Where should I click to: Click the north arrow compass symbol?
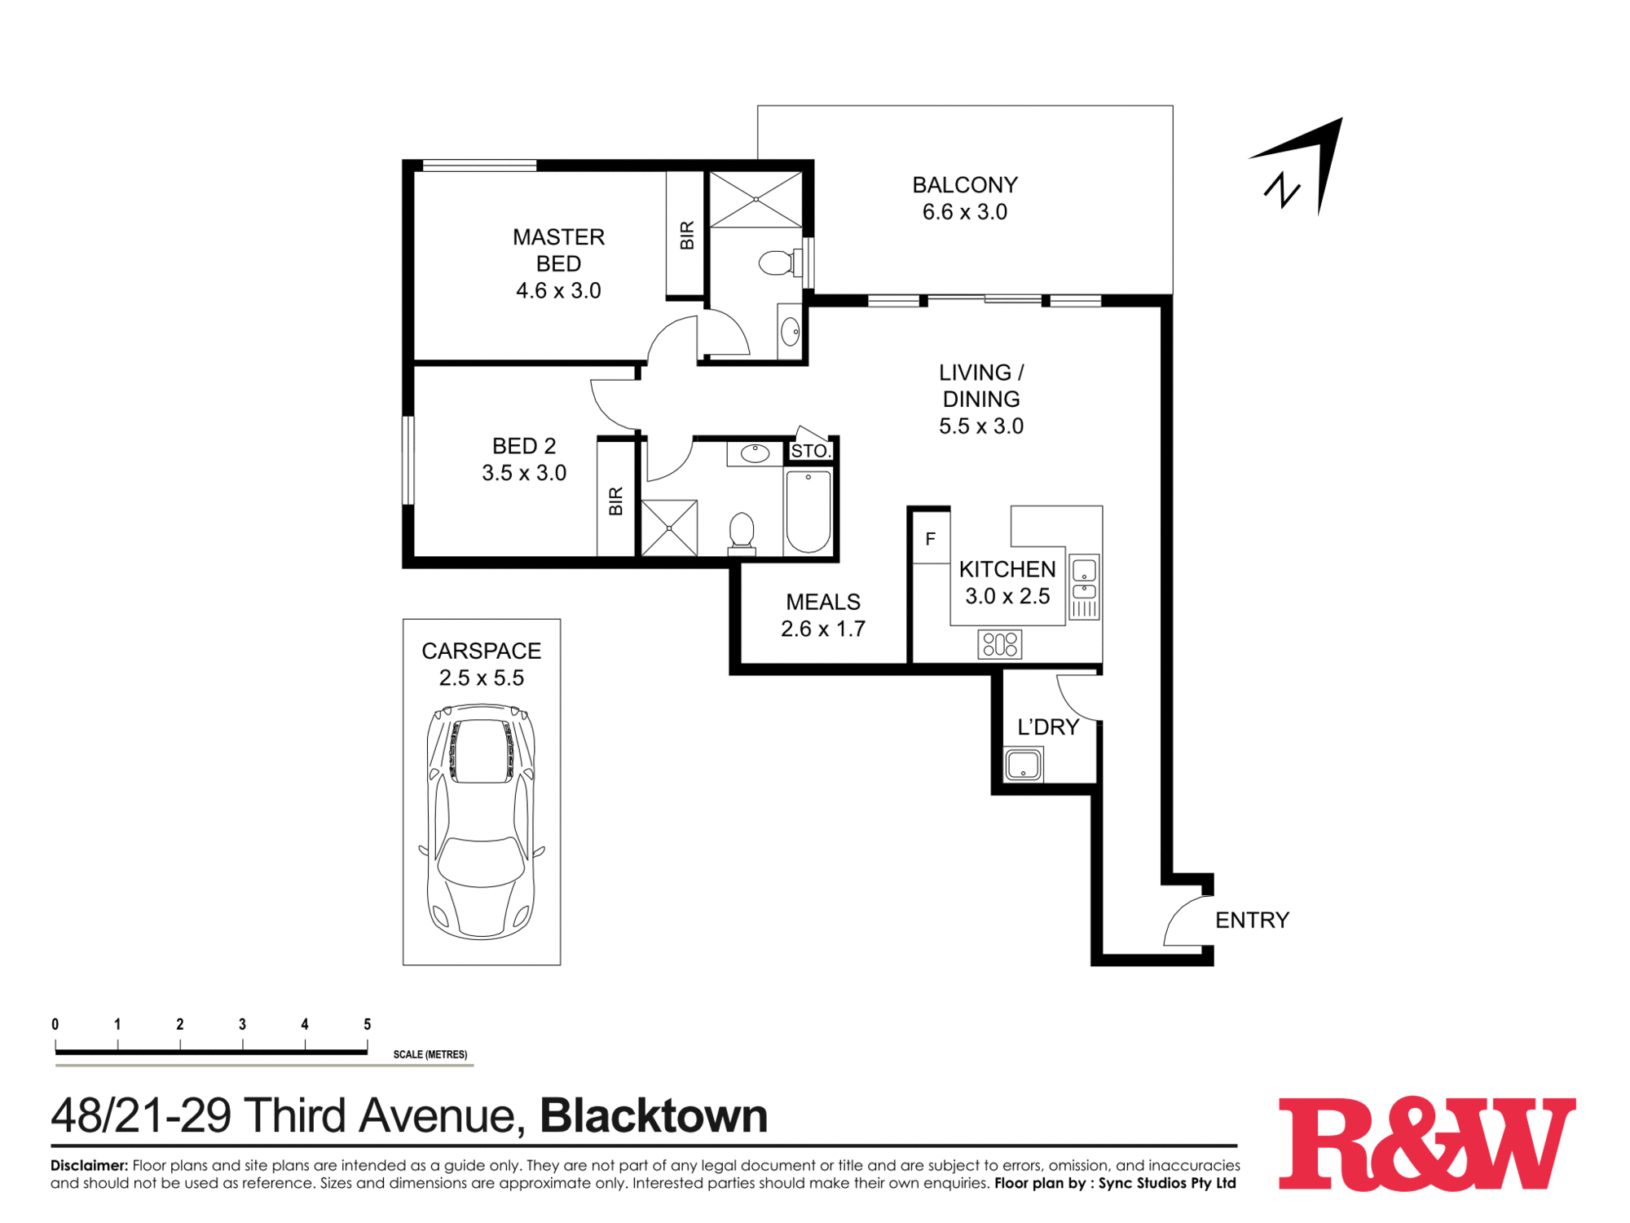coord(1302,167)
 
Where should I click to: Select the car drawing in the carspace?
coord(482,821)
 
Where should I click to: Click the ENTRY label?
coord(1252,921)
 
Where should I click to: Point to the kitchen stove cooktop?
coord(1000,645)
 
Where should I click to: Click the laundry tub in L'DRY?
coord(1023,765)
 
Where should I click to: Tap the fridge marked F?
coord(930,539)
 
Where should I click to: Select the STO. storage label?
coord(810,451)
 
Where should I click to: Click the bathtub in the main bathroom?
coord(808,512)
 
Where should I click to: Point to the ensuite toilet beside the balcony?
coord(777,263)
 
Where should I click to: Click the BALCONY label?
coord(965,185)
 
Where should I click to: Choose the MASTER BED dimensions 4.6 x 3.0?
coord(558,291)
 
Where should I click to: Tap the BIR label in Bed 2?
coord(616,501)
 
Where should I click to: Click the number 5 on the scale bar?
coord(368,1025)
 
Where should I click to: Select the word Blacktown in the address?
coord(654,1116)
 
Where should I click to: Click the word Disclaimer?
coord(89,1165)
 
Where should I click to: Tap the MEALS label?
coord(823,602)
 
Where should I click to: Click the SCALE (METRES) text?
coord(430,1054)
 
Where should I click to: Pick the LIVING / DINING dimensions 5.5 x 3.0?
coord(981,426)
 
